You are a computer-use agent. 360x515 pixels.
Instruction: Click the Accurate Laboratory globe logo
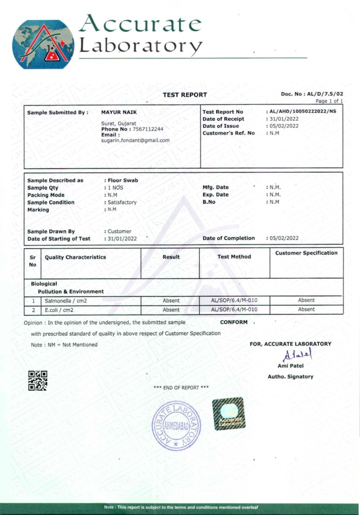pyautogui.click(x=43, y=44)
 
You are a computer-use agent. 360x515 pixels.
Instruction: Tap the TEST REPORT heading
pyautogui.click(x=185, y=95)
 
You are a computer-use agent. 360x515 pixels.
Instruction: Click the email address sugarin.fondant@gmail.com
pyautogui.click(x=135, y=140)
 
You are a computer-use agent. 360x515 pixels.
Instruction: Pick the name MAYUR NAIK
pyautogui.click(x=119, y=112)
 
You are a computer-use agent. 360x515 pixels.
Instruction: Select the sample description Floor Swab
pyautogui.click(x=123, y=180)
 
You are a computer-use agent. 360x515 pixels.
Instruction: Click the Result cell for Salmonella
pyautogui.click(x=171, y=300)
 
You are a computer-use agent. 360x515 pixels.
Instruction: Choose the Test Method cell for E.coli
pyautogui.click(x=234, y=310)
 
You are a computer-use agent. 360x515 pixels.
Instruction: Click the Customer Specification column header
pyautogui.click(x=306, y=253)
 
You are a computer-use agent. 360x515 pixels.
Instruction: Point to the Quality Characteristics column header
pyautogui.click(x=75, y=257)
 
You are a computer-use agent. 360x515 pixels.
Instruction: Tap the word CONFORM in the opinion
pyautogui.click(x=234, y=322)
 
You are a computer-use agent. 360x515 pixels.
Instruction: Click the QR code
pyautogui.click(x=37, y=381)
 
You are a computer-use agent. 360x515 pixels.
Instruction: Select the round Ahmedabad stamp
pyautogui.click(x=176, y=425)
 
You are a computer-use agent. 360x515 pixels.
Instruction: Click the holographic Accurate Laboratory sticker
pyautogui.click(x=229, y=413)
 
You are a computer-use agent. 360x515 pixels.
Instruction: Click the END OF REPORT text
pyautogui.click(x=181, y=387)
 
